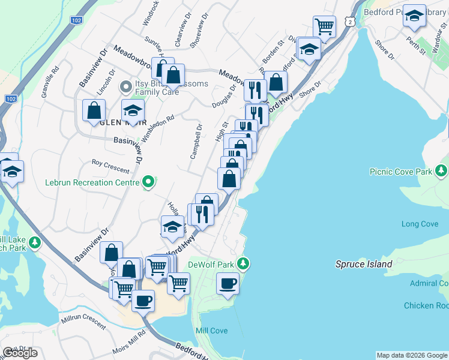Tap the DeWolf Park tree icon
click(x=243, y=263)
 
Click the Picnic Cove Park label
click(x=400, y=172)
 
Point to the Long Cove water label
click(x=420, y=224)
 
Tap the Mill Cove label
click(x=211, y=331)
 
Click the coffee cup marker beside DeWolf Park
click(x=228, y=283)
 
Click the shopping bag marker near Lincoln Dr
click(x=94, y=110)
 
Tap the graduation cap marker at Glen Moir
click(x=133, y=110)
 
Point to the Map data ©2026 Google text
click(x=412, y=355)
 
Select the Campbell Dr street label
click(x=195, y=142)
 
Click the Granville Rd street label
click(x=50, y=82)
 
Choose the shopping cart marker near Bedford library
click(x=324, y=26)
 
